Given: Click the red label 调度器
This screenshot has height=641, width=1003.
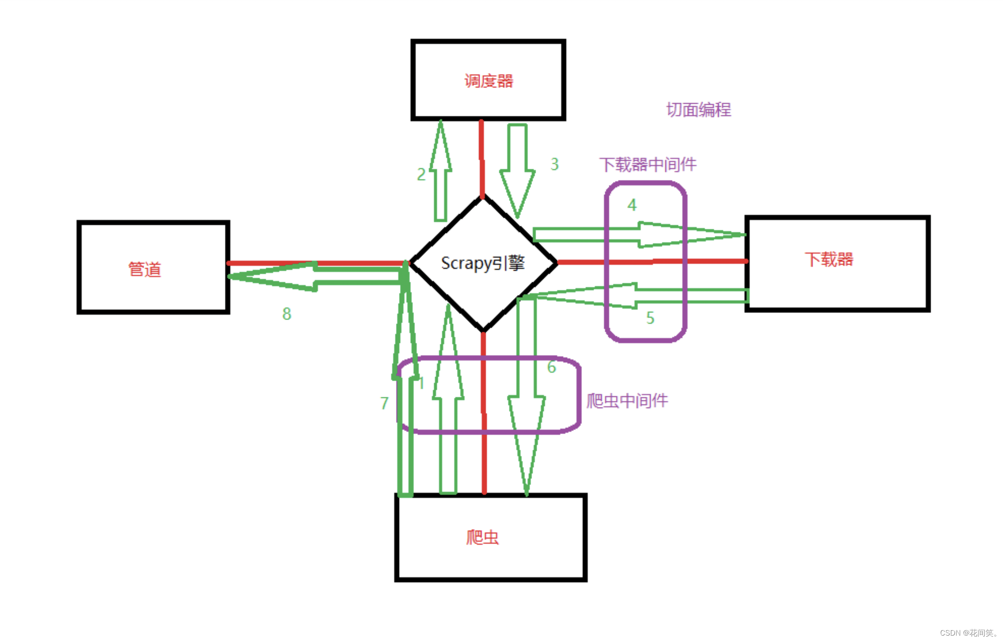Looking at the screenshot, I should click(x=488, y=81).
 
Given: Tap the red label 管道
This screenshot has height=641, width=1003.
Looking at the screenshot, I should click(x=145, y=269).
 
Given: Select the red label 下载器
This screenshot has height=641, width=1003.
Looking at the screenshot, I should click(x=829, y=259).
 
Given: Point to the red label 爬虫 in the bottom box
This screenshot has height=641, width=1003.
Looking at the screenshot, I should click(x=482, y=537).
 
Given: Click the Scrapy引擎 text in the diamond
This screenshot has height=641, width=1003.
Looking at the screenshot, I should click(x=483, y=263).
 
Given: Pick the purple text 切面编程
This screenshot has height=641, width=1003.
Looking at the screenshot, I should click(x=699, y=110).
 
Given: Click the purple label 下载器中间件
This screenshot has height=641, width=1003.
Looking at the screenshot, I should click(x=648, y=165).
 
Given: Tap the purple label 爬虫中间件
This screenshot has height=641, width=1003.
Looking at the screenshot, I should click(x=627, y=401).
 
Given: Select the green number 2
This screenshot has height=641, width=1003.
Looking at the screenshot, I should click(x=421, y=174).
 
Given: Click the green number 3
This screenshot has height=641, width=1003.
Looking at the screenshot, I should click(x=554, y=164).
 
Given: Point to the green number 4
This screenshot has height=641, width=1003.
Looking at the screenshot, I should click(x=632, y=205).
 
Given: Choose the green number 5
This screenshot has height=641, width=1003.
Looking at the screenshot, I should click(x=650, y=318).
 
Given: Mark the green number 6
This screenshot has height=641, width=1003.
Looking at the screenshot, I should click(x=552, y=367).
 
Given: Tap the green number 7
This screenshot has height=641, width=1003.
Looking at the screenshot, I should click(x=384, y=403).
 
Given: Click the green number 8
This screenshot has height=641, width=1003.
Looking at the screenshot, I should click(x=287, y=314).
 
